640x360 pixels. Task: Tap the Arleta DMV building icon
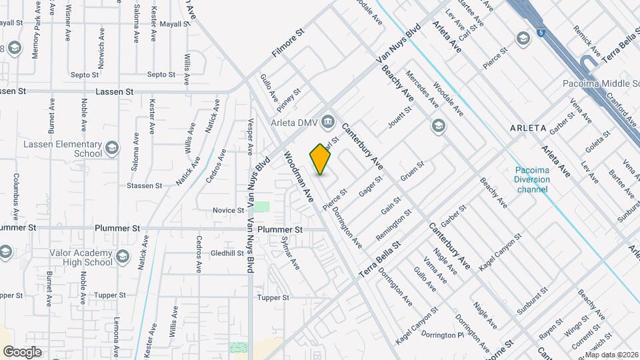click(x=327, y=121)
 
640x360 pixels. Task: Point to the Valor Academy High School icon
click(x=122, y=257)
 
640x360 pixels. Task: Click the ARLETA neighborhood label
click(x=528, y=127)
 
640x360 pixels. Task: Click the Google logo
click(x=22, y=351)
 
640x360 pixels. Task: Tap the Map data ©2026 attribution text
click(x=611, y=354)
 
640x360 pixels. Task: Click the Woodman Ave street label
click(x=299, y=177)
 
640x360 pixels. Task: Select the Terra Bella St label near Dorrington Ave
click(x=379, y=259)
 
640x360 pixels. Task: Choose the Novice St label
click(x=229, y=210)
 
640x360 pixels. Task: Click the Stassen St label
click(x=145, y=185)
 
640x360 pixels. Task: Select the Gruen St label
click(x=412, y=171)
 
